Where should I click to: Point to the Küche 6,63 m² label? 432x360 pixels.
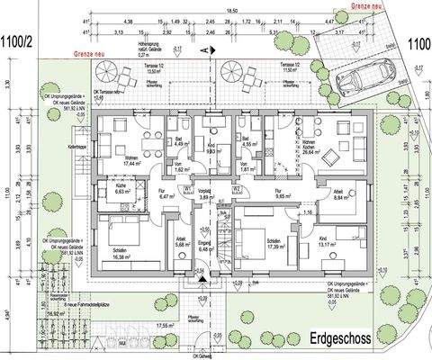(119, 187)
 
